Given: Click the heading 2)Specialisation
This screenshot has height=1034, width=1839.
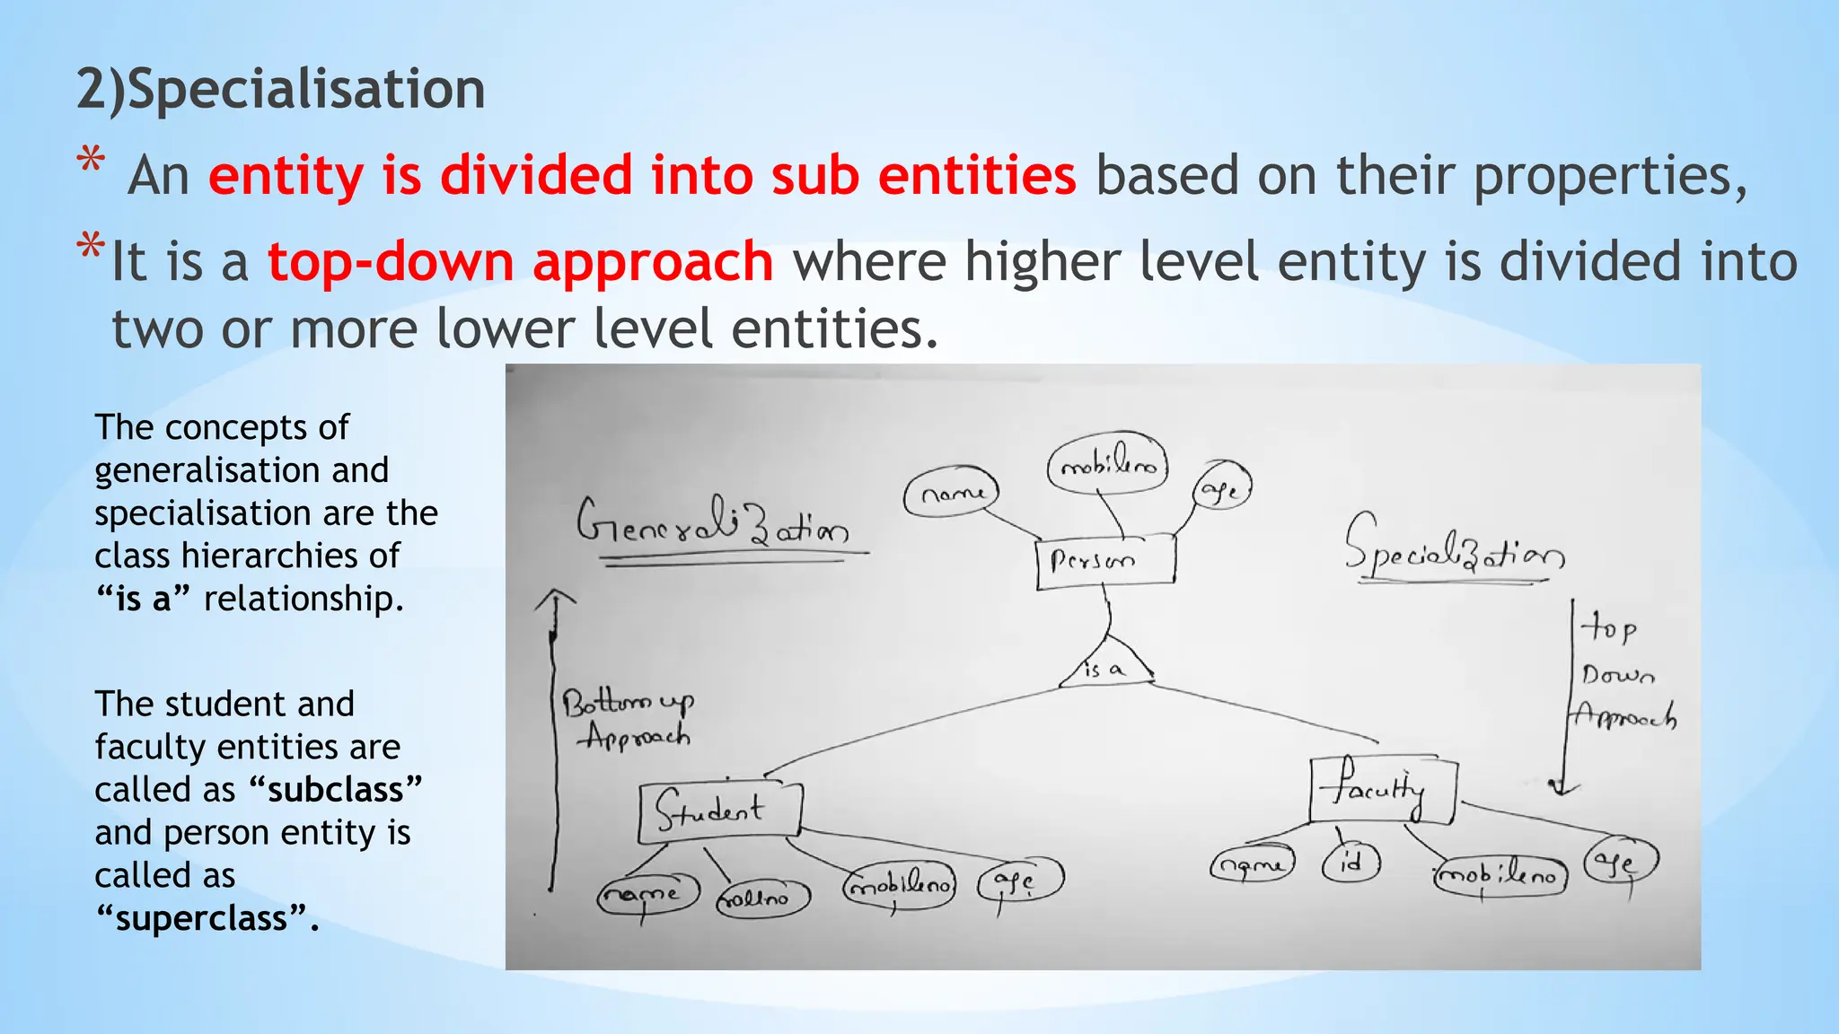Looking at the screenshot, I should coord(280,90).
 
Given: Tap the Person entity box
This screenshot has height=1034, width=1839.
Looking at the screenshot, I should coord(1104,562).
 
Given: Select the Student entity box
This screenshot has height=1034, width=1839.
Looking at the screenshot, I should coord(718,811).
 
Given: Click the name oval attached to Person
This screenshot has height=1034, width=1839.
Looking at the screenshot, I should coord(950,493).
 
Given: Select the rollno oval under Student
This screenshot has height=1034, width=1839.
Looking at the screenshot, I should coord(762,897).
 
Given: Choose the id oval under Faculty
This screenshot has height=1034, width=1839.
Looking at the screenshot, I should coord(1351,863).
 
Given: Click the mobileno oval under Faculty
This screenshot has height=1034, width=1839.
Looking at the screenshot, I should coord(1500,874).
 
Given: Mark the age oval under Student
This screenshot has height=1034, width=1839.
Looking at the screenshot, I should coord(1020,880).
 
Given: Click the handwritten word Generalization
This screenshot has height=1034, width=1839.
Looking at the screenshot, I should coord(713,524).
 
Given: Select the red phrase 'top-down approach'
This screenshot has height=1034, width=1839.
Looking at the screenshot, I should coord(520,262).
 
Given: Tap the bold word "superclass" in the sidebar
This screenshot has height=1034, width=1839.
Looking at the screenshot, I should coord(207,918).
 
